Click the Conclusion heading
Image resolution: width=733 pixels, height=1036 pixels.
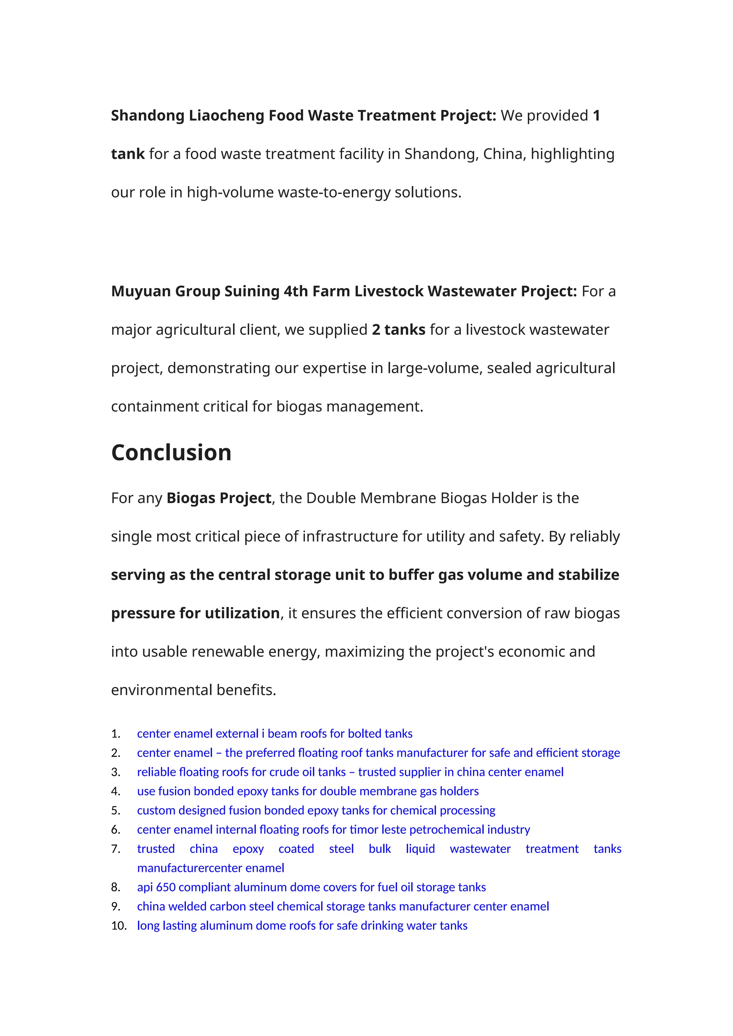171,453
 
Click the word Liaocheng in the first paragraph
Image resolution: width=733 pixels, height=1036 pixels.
226,116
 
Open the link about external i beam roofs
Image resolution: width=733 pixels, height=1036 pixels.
275,734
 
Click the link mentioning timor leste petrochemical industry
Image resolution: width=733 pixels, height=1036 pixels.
333,830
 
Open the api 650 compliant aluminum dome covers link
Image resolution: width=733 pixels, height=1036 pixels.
311,887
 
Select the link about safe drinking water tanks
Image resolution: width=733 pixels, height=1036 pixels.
302,925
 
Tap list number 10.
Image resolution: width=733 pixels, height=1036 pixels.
119,925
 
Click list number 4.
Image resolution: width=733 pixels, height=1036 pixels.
116,791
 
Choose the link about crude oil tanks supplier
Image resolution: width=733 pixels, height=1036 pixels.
350,772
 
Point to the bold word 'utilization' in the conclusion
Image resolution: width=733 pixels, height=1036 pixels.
242,613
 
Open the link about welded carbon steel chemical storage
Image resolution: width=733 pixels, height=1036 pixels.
343,906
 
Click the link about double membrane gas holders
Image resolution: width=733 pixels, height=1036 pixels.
308,791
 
